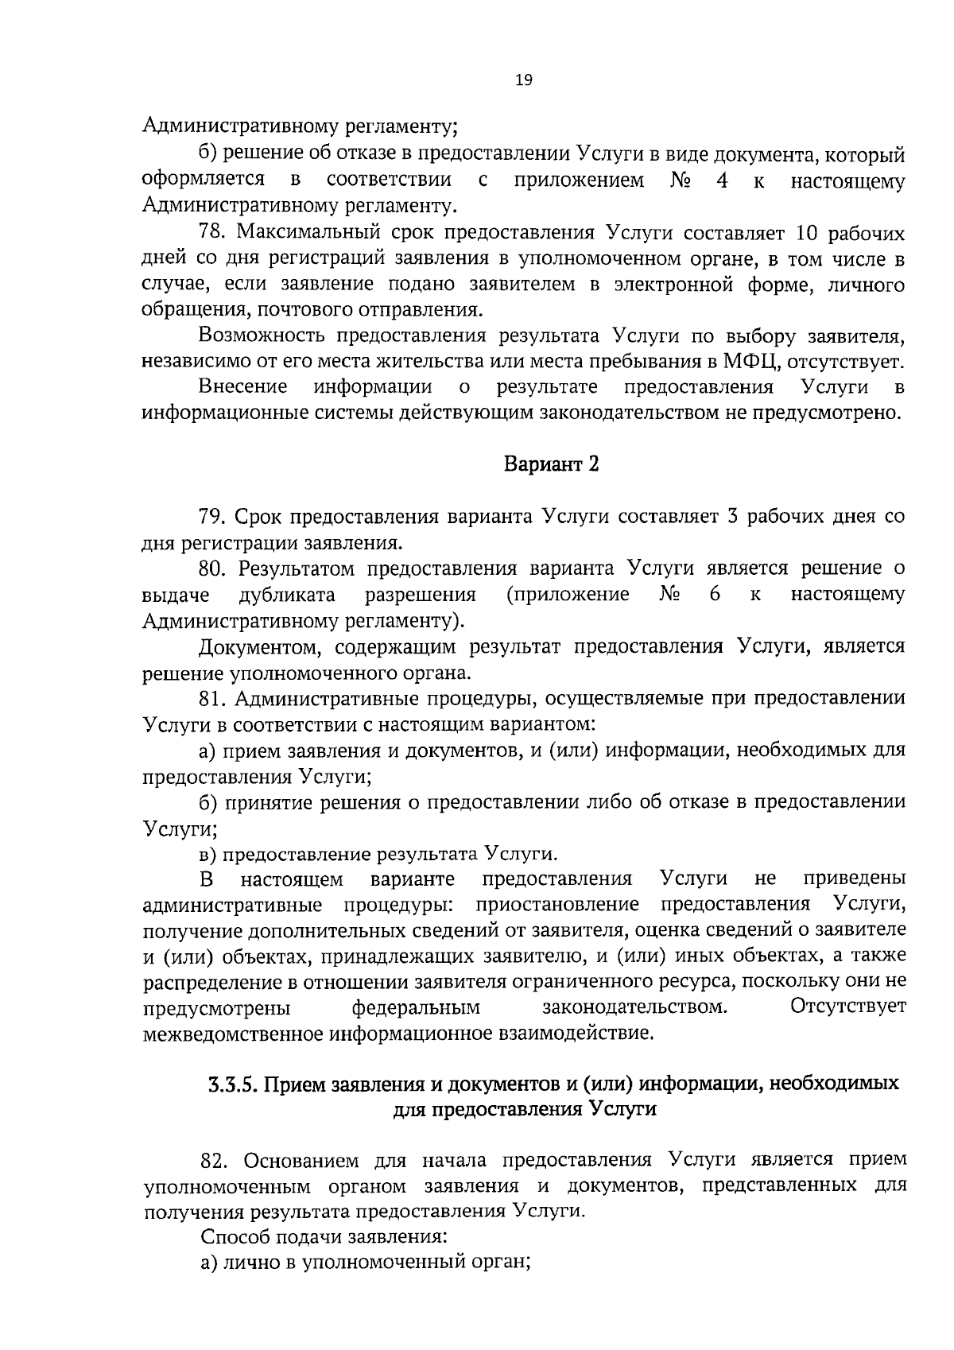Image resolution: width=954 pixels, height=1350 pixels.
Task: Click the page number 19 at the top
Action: click(524, 80)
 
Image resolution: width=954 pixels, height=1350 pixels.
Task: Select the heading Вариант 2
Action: click(551, 464)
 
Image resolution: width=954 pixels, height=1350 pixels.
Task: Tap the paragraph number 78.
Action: click(213, 233)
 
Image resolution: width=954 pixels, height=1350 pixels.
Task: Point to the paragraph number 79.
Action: click(213, 517)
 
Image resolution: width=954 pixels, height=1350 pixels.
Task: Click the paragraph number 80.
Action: click(213, 568)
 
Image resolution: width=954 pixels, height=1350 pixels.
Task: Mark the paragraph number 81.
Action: click(213, 698)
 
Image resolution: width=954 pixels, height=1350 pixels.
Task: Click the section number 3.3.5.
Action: click(234, 1084)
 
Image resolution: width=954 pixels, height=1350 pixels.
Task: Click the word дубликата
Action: click(287, 595)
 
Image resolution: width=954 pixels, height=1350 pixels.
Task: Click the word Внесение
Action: click(242, 387)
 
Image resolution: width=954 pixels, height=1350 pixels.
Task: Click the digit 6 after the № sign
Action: click(715, 595)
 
